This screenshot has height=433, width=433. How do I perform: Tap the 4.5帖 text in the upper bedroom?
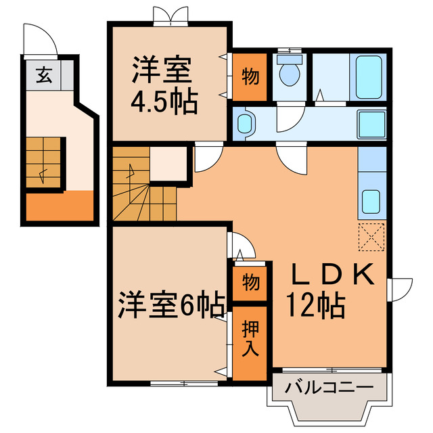[164, 102]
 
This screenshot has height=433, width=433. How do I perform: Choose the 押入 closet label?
[250, 341]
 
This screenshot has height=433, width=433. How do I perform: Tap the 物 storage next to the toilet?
[250, 76]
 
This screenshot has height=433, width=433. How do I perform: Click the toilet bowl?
[290, 73]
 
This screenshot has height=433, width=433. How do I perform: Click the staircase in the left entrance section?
[45, 163]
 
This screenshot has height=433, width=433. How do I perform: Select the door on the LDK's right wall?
[398, 290]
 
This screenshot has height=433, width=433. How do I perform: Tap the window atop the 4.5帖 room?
[170, 16]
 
